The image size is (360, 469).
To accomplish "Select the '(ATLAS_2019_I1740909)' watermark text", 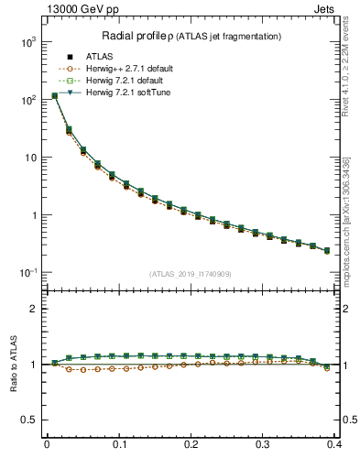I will pos(190,274).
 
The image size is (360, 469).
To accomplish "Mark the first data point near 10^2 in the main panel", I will pos(55,95).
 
